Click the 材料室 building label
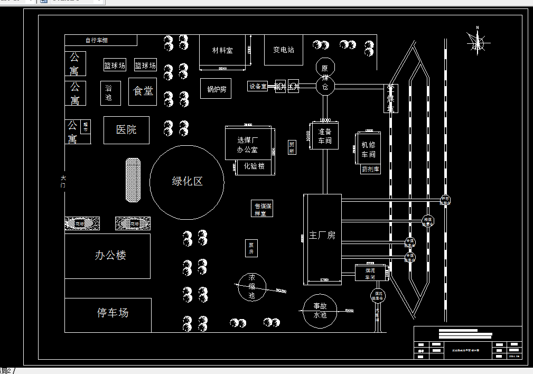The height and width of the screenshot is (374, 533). point(222,50)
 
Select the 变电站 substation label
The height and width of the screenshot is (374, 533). point(284,50)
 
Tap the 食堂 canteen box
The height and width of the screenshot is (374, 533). point(143,91)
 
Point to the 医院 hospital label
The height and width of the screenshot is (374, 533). point(126,129)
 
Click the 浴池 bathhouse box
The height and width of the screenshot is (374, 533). point(109,92)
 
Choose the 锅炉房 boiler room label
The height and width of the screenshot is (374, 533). point(216,89)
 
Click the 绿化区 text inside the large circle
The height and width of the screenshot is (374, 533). point(187,182)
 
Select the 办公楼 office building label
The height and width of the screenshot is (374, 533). point(110,256)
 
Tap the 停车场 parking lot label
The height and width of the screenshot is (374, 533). point(113,313)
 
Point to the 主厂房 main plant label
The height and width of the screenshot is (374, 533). point(322,235)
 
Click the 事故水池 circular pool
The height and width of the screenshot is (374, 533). point(320,311)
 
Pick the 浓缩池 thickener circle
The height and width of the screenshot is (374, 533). point(251,287)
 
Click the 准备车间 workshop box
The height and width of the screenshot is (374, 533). point(324,136)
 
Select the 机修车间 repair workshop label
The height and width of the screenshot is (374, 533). point(368,149)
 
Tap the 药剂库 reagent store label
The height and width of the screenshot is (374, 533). point(370,170)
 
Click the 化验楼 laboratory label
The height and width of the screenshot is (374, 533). point(254,166)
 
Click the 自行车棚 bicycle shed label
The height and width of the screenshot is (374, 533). point(97,40)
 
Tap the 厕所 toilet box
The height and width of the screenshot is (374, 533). point(292,147)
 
